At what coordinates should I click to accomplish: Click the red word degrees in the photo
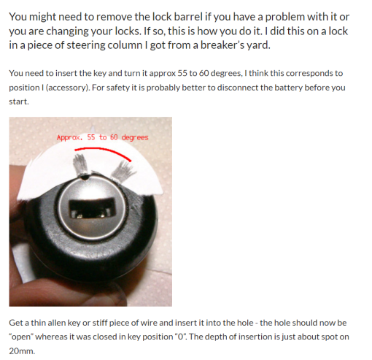pyautogui.click(x=135, y=138)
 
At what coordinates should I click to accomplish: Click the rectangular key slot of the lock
pyautogui.click(x=91, y=208)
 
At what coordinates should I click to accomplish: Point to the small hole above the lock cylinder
pyautogui.click(x=85, y=178)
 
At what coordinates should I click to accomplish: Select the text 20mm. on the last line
pyautogui.click(x=22, y=351)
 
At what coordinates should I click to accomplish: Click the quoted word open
pyautogui.click(x=21, y=337)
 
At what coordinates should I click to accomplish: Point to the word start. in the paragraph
pyautogui.click(x=19, y=102)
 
